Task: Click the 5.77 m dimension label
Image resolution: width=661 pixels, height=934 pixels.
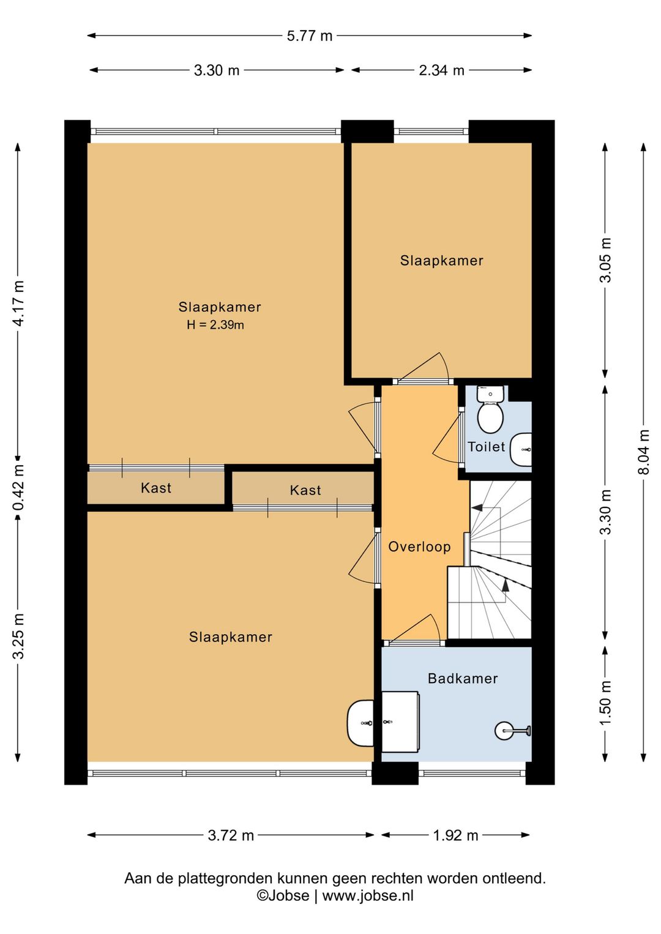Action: [x=310, y=36]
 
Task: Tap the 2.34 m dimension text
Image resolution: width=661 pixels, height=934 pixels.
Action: [x=442, y=70]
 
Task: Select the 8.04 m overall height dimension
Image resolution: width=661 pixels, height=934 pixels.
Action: [x=644, y=452]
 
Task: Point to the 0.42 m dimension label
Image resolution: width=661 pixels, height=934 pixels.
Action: [x=19, y=487]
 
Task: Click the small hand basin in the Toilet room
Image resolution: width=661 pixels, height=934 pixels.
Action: [x=521, y=450]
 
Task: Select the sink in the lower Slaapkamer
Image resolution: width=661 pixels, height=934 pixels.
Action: [x=360, y=723]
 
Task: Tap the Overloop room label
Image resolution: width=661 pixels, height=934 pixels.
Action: [x=419, y=547]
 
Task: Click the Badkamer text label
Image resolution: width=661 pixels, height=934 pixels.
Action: [x=463, y=678]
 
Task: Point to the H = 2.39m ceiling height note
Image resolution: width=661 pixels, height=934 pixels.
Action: [x=215, y=325]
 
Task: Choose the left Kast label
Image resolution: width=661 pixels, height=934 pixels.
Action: [x=156, y=488]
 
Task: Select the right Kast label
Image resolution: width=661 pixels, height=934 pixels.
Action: [x=305, y=490]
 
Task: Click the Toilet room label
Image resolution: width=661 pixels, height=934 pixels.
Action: [x=486, y=447]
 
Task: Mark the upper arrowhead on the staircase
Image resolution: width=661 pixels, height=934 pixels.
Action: [x=477, y=507]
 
